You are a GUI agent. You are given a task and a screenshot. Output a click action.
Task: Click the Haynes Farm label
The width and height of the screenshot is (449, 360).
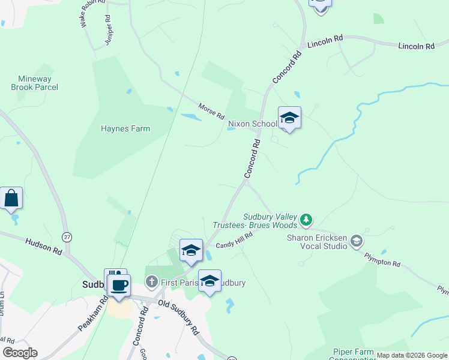pyautogui.click(x=125, y=128)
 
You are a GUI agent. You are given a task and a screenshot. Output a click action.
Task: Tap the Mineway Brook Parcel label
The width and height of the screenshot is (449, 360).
pyautogui.click(x=35, y=83)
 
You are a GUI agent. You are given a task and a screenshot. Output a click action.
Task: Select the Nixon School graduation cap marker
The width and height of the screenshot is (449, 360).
pyautogui.click(x=289, y=118)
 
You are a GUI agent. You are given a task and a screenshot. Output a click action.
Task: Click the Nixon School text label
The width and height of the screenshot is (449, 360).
pyautogui.click(x=252, y=124)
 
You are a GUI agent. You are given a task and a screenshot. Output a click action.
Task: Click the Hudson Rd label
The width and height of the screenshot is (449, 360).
pyautogui.click(x=44, y=247)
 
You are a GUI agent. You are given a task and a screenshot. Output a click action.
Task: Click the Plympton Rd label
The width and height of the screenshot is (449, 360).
pyautogui.click(x=381, y=259)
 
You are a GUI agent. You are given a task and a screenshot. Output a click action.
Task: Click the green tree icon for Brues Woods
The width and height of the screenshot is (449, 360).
pyautogui.click(x=306, y=220)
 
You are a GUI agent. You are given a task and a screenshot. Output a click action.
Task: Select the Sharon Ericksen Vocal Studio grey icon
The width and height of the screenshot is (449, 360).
pyautogui.click(x=357, y=241)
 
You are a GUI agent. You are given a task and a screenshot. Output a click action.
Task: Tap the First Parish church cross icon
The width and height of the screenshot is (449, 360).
pyautogui.click(x=152, y=281)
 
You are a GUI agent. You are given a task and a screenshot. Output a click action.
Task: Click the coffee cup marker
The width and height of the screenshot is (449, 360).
pyautogui.click(x=119, y=285)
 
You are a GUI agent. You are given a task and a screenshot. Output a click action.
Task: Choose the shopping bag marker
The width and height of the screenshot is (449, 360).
pyautogui.click(x=11, y=198)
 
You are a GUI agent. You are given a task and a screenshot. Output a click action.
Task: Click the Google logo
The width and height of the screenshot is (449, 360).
pyautogui.click(x=20, y=353)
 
